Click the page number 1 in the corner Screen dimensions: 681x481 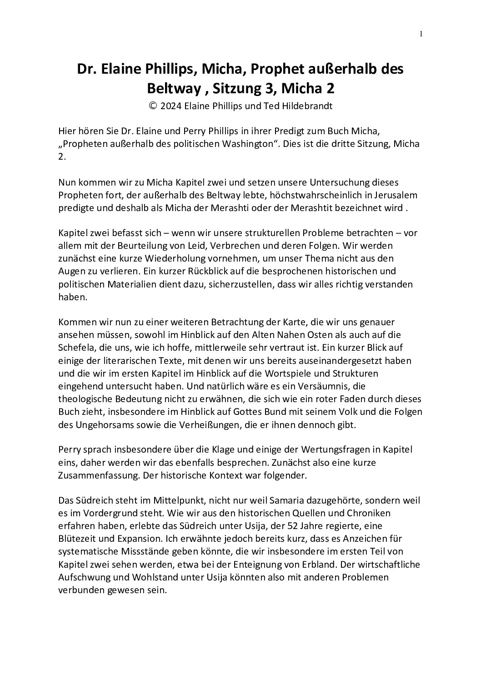pos(421,33)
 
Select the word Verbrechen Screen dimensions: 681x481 pos(258,246)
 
